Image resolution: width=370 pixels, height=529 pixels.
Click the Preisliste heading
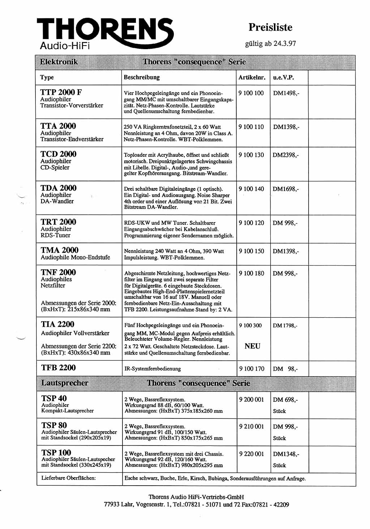tap(270, 27)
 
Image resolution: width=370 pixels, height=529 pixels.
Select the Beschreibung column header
tap(142, 77)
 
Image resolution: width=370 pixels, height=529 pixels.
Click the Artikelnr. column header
tap(252, 77)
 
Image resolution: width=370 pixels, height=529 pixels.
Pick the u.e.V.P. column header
tap(284, 77)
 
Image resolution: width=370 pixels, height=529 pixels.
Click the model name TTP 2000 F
tap(61, 92)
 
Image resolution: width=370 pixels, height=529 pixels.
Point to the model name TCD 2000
tap(59, 154)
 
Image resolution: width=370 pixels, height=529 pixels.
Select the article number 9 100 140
tap(251, 189)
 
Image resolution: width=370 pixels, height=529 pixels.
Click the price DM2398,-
tap(285, 155)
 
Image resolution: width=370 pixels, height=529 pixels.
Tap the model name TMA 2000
tap(60, 250)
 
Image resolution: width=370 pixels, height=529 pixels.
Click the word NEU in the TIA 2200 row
tap(252, 346)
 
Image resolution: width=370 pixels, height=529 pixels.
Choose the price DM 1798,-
tap(285, 326)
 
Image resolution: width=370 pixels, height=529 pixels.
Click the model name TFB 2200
tap(59, 368)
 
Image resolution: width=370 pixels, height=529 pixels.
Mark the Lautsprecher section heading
tap(65, 383)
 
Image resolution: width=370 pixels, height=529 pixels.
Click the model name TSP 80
tap(54, 425)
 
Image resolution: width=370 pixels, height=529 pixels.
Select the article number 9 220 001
tap(251, 454)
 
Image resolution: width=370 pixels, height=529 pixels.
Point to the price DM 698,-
tap(285, 400)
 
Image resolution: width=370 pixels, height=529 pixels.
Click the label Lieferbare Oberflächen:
tap(69, 478)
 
